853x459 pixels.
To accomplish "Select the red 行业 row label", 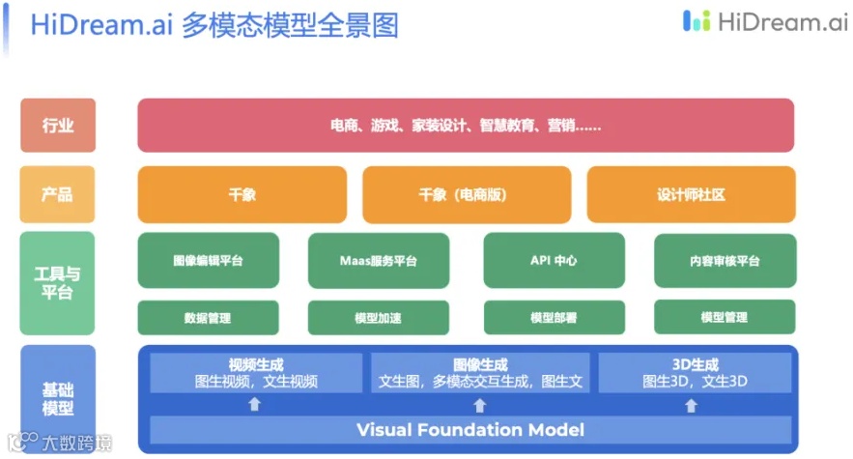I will coord(58,126).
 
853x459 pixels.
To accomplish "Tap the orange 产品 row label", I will coord(58,194).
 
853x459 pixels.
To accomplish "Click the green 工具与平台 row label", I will coord(58,282).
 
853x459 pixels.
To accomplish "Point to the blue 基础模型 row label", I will coord(58,398).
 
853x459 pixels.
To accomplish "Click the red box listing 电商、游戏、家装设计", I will coord(466,126).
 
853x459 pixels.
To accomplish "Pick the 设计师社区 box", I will coord(691,194).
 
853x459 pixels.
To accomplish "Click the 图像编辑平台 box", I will coord(208,261).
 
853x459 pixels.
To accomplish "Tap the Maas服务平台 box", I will coord(379,261).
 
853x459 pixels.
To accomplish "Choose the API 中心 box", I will coord(554,261).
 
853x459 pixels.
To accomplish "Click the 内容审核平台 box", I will coord(725,261).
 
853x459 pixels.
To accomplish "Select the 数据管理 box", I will coord(208,318).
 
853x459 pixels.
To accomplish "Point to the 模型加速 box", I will coord(379,318).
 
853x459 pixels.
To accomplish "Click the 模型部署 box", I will coord(554,318).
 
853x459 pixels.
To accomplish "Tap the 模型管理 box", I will coord(725,317).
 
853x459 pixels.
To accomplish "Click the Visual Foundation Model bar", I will coord(470,429).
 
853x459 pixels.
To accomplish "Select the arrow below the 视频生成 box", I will coord(255,404).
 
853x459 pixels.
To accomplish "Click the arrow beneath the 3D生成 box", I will coord(692,404).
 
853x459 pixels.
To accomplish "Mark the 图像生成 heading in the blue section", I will coord(480,365).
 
